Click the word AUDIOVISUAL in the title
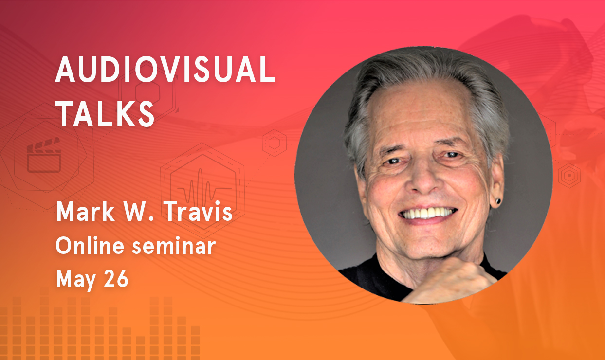tap(165, 69)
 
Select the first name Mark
tap(85, 211)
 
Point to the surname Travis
tap(198, 211)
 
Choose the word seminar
tap(174, 246)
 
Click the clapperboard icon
tap(44, 155)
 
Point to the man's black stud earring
tap(498, 201)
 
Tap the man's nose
tap(424, 178)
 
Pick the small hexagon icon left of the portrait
tap(274, 143)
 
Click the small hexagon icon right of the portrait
tap(569, 176)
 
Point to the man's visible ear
tap(496, 181)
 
